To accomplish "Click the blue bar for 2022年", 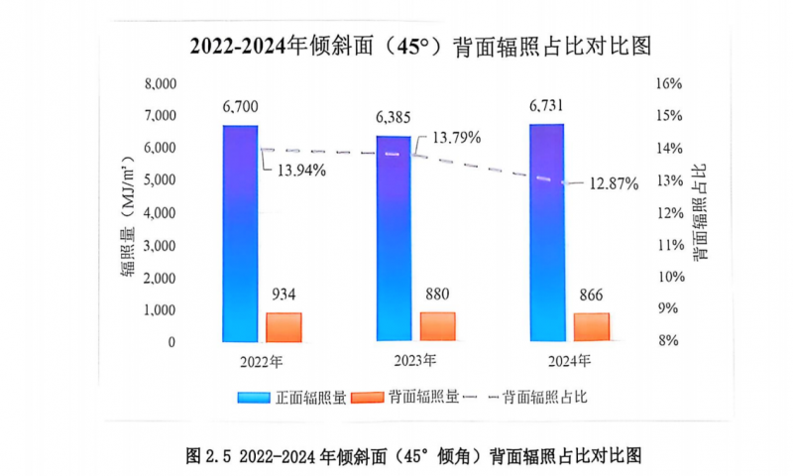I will coord(240,233).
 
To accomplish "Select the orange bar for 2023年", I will coord(437,326).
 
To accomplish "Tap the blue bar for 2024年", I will coord(546,233).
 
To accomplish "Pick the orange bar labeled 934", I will coord(283,327).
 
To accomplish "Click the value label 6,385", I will coord(393,117).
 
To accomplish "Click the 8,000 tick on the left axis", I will coord(159,83).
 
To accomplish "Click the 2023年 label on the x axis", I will coord(407,359).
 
